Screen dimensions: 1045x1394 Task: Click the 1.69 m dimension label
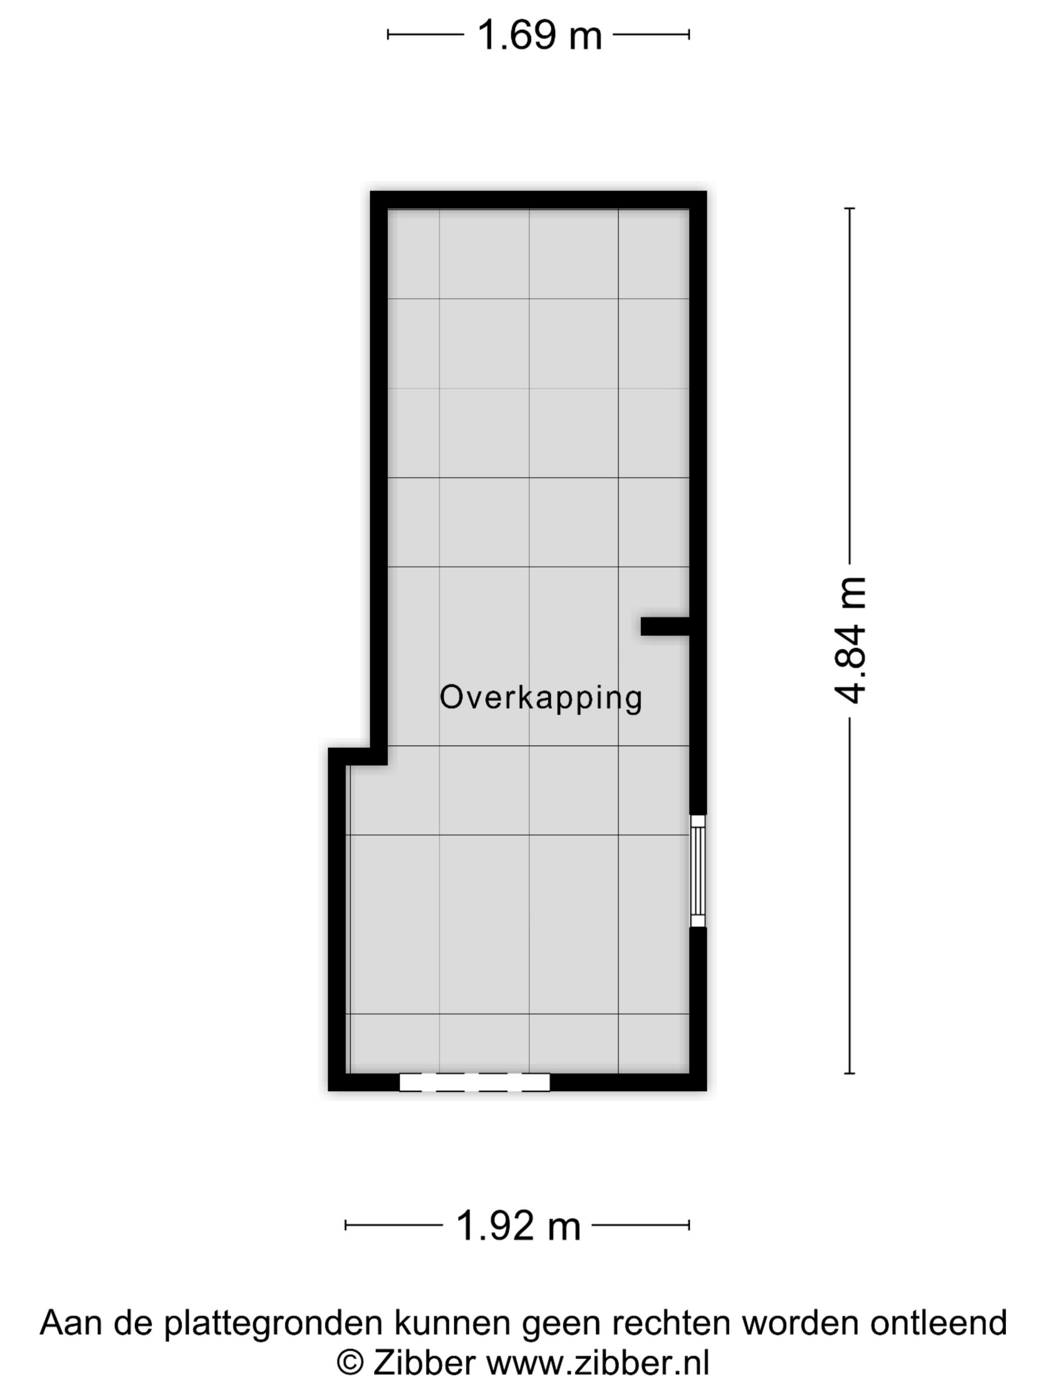coord(539,35)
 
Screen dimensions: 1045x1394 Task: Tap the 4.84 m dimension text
coord(850,640)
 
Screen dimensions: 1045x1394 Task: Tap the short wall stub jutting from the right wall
coord(665,626)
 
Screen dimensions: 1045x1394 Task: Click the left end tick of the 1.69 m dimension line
coord(388,35)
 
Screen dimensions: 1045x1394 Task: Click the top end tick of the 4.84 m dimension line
coord(850,208)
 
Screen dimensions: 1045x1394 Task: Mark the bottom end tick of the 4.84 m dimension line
coord(850,1073)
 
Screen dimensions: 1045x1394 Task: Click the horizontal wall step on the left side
coord(358,756)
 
